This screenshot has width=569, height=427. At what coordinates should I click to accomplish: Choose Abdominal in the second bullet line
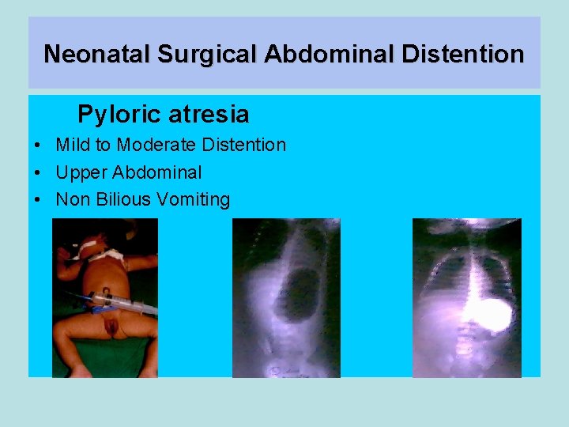coord(157,172)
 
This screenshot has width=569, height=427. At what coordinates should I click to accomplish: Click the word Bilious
coord(123,199)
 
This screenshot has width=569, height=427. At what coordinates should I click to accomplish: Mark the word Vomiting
coord(194,199)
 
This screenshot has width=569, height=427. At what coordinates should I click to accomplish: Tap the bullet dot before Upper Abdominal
coord(39,173)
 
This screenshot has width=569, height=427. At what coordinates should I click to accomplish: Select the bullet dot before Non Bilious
coord(39,200)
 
